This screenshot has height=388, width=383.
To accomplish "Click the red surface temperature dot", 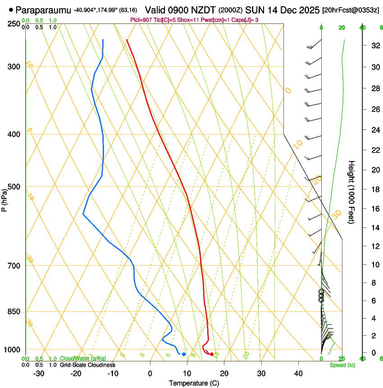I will [x=212, y=354].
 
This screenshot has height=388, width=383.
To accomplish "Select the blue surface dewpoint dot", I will [x=184, y=354].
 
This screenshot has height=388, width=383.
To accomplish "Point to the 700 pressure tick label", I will [x=14, y=266].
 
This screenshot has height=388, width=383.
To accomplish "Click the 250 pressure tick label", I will [x=14, y=23].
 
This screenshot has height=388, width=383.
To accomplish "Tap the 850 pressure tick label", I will [x=14, y=312].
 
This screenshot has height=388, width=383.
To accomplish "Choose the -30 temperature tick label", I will [x=39, y=374].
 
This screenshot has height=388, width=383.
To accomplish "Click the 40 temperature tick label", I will [x=298, y=374].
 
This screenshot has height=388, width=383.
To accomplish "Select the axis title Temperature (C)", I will [x=194, y=383].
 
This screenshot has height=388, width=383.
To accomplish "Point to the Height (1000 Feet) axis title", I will [x=352, y=192].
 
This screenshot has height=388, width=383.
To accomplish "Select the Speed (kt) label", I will [x=342, y=365].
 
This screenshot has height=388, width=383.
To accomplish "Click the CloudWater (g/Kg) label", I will [x=77, y=358].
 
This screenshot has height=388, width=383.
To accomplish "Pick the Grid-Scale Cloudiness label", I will [x=87, y=365].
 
